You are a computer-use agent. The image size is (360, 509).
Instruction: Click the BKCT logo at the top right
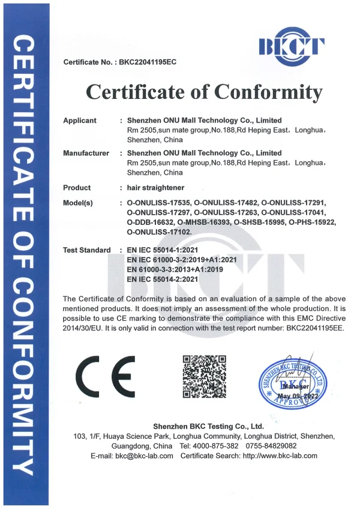tap(292, 46)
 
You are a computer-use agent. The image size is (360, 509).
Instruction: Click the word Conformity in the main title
tap(268, 92)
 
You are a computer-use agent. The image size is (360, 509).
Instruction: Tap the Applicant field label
tap(80, 121)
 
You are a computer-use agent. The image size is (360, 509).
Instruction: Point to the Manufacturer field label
tap(86, 153)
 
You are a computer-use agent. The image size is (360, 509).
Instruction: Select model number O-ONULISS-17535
tap(160, 203)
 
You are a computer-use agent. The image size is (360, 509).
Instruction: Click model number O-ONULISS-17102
tap(160, 231)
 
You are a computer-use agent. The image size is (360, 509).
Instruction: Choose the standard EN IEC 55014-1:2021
tap(171, 249)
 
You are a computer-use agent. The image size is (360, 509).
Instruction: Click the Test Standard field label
tap(87, 249)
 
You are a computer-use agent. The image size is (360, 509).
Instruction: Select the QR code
tap(203, 377)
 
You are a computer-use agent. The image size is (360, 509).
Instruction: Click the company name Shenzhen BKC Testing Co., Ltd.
tap(208, 426)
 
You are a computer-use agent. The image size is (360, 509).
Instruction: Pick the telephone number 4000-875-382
tap(216, 446)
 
